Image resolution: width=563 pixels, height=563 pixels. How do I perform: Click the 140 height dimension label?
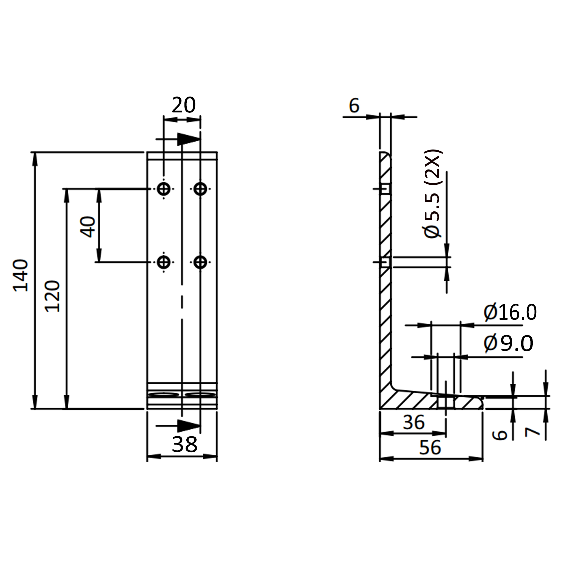coord(21,275)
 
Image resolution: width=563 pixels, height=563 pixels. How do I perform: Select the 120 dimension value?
coord(53,296)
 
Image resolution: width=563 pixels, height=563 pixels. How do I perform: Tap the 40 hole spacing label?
coord(88,227)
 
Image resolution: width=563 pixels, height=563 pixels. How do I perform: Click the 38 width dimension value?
coord(184,445)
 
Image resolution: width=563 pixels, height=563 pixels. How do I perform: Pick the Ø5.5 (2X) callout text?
coord(433,194)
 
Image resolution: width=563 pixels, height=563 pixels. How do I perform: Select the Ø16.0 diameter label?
coord(510,313)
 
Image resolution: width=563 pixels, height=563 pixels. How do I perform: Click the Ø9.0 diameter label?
coord(508,344)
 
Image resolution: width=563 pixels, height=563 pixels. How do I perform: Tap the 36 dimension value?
coord(414,422)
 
